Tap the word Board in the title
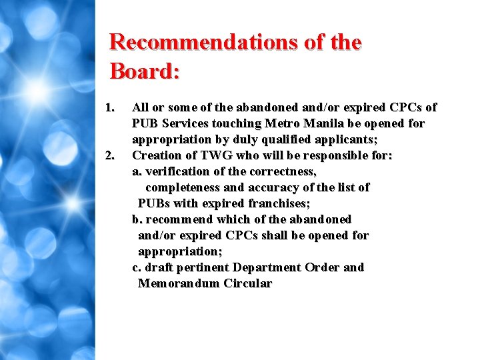(141, 71)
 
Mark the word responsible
(331, 155)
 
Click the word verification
(174, 171)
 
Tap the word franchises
(278, 203)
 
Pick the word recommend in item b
(177, 219)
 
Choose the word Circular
(248, 283)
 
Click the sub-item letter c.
(136, 267)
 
